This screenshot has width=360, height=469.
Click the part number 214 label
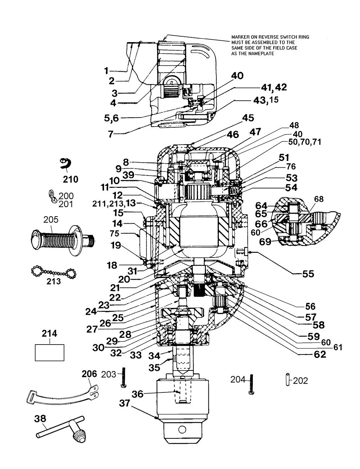(49, 333)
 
